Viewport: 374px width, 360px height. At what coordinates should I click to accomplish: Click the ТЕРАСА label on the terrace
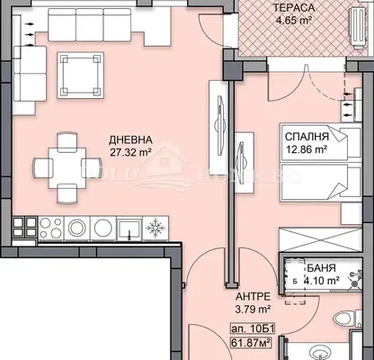coord(293,8)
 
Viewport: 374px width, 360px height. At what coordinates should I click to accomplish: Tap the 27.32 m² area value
coord(130,152)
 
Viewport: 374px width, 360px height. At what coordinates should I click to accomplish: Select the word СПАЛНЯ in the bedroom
coord(307,137)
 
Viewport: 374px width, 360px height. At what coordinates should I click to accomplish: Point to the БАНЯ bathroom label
coord(321,268)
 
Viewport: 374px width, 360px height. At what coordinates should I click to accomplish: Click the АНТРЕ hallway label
coord(253,297)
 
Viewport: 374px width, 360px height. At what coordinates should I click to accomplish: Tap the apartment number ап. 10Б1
coord(252,328)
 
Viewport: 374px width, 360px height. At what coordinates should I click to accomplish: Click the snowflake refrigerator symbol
coord(156,229)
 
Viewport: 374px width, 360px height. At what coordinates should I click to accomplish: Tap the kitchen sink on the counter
coord(129,229)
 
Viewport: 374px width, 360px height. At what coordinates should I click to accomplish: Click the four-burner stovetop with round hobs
coord(50,229)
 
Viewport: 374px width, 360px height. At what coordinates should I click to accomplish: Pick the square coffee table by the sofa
coord(81,75)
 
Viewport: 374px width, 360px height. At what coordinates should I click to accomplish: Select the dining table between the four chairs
coord(67,168)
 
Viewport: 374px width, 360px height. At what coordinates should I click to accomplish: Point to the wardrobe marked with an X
coord(320,239)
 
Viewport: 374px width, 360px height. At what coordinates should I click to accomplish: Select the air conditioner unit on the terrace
coord(359,28)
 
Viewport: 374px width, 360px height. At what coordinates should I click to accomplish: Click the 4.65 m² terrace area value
coord(293,21)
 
